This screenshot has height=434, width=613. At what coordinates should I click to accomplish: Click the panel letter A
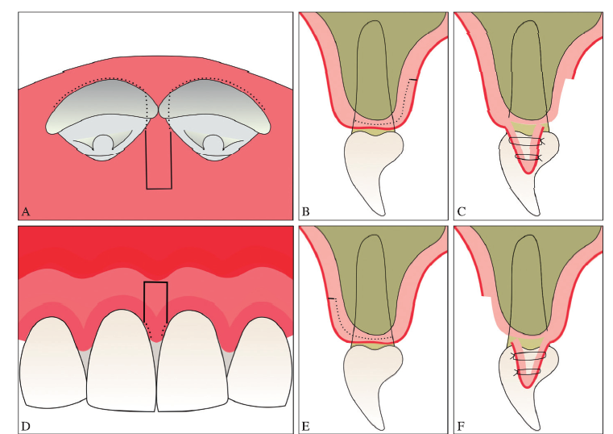(26, 211)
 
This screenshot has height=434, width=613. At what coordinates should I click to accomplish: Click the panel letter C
(462, 211)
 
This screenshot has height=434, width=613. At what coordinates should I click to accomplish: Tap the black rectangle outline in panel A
(159, 189)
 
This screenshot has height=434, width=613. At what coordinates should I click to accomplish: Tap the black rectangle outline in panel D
(155, 283)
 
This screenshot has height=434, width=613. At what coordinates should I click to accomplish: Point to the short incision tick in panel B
(413, 79)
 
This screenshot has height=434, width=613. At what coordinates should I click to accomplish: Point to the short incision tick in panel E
(331, 299)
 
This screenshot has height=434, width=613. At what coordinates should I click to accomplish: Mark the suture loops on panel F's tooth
(528, 363)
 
